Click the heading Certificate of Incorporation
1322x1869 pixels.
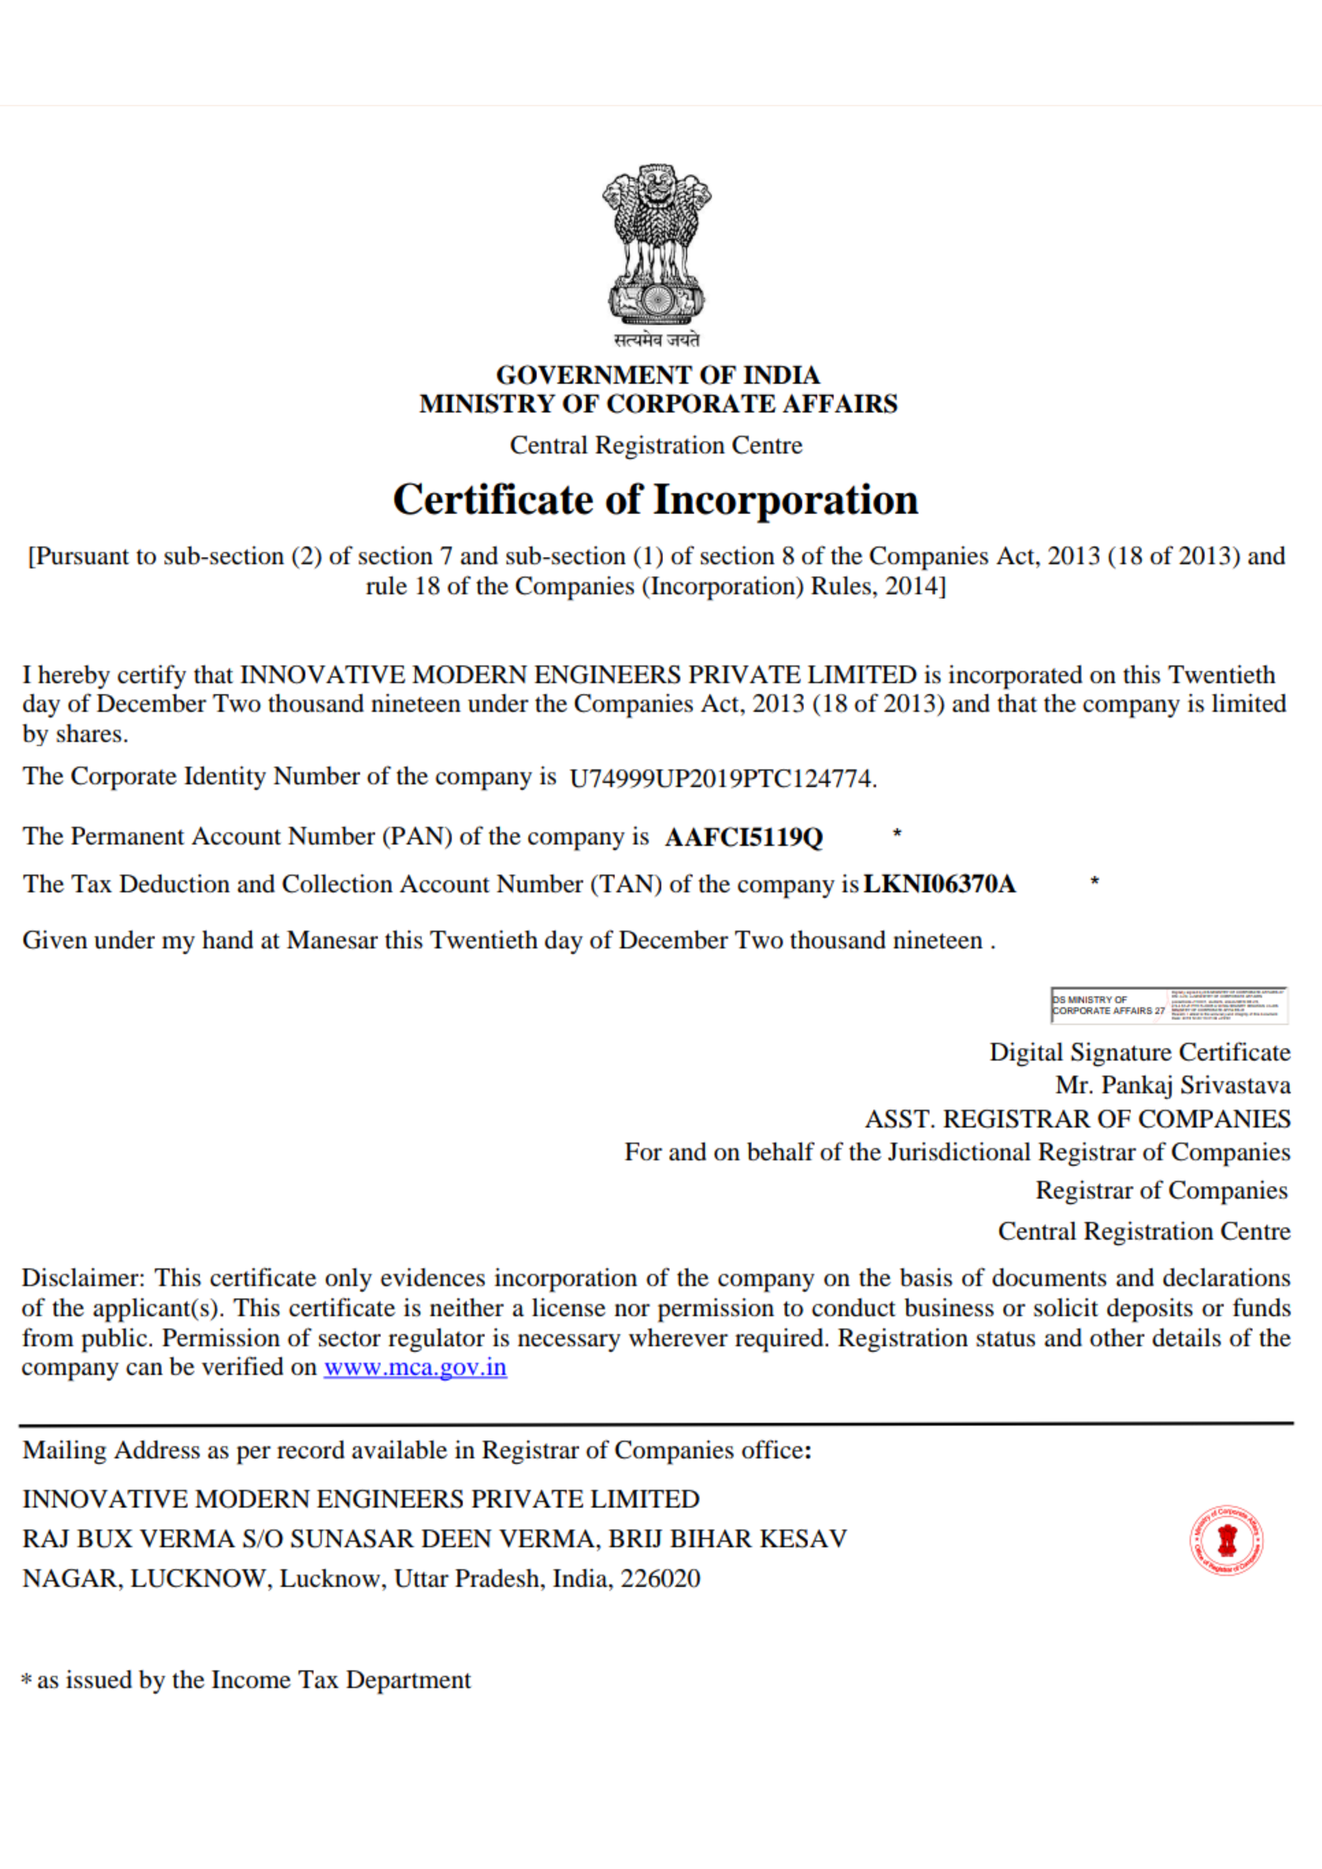[x=655, y=500]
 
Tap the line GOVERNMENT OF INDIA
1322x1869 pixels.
[x=658, y=375]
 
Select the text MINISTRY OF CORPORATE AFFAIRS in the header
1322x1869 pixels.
[x=658, y=404]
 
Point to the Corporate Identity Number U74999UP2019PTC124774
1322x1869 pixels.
[x=721, y=779]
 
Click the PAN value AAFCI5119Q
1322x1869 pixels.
[x=744, y=837]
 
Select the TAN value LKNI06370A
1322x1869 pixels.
[x=939, y=885]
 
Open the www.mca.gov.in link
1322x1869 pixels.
[x=415, y=1367]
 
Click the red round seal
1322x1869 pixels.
[x=1226, y=1539]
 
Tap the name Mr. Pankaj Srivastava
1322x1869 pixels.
[x=1172, y=1085]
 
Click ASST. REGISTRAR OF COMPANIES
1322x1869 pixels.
[x=1077, y=1119]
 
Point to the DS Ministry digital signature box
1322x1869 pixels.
[x=1168, y=1005]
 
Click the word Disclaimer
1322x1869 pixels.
[x=83, y=1278]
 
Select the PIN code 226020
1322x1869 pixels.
[x=660, y=1578]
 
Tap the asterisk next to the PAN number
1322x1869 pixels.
[x=897, y=834]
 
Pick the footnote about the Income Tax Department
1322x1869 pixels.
[x=246, y=1680]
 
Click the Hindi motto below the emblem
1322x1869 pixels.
[x=657, y=339]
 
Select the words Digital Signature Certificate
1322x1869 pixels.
[x=1139, y=1052]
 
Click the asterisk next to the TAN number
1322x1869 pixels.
[x=1095, y=881]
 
